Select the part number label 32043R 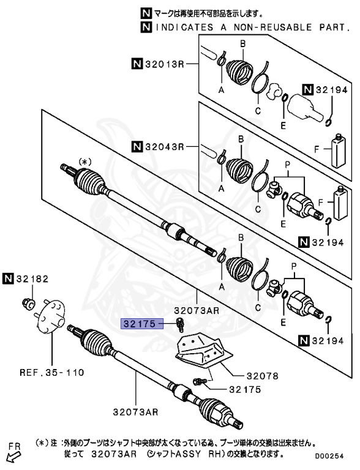pos(165,147)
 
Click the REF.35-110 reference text pos(51,371)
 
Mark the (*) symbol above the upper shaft pos(84,161)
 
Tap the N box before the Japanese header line pos(145,13)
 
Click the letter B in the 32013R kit pos(242,43)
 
